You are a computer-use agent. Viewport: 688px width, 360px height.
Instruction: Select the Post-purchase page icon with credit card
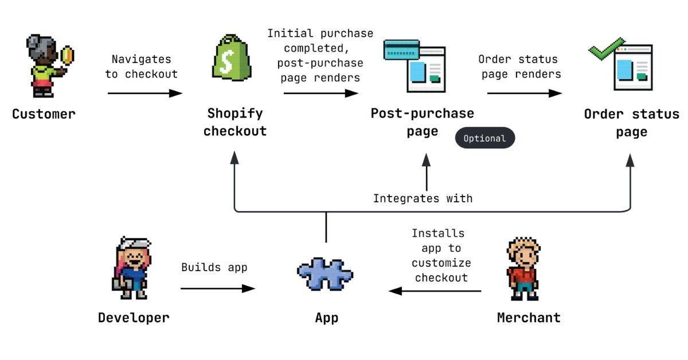point(421,65)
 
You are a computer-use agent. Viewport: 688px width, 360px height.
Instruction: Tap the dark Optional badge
point(484,138)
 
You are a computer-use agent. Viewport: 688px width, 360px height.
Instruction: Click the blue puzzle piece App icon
point(325,275)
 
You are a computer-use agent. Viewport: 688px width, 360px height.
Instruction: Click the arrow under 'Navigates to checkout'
point(144,93)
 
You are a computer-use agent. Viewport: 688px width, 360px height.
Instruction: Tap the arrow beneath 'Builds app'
point(217,288)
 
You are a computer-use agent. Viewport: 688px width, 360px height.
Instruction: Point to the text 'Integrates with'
point(423,198)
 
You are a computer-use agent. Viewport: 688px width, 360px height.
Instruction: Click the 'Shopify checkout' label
point(235,122)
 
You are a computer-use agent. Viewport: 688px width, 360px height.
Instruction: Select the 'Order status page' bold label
point(631,123)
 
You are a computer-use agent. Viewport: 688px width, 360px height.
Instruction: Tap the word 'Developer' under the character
point(134,318)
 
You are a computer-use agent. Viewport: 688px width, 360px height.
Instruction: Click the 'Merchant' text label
point(529,318)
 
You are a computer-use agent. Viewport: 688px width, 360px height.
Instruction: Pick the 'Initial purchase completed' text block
point(319,55)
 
